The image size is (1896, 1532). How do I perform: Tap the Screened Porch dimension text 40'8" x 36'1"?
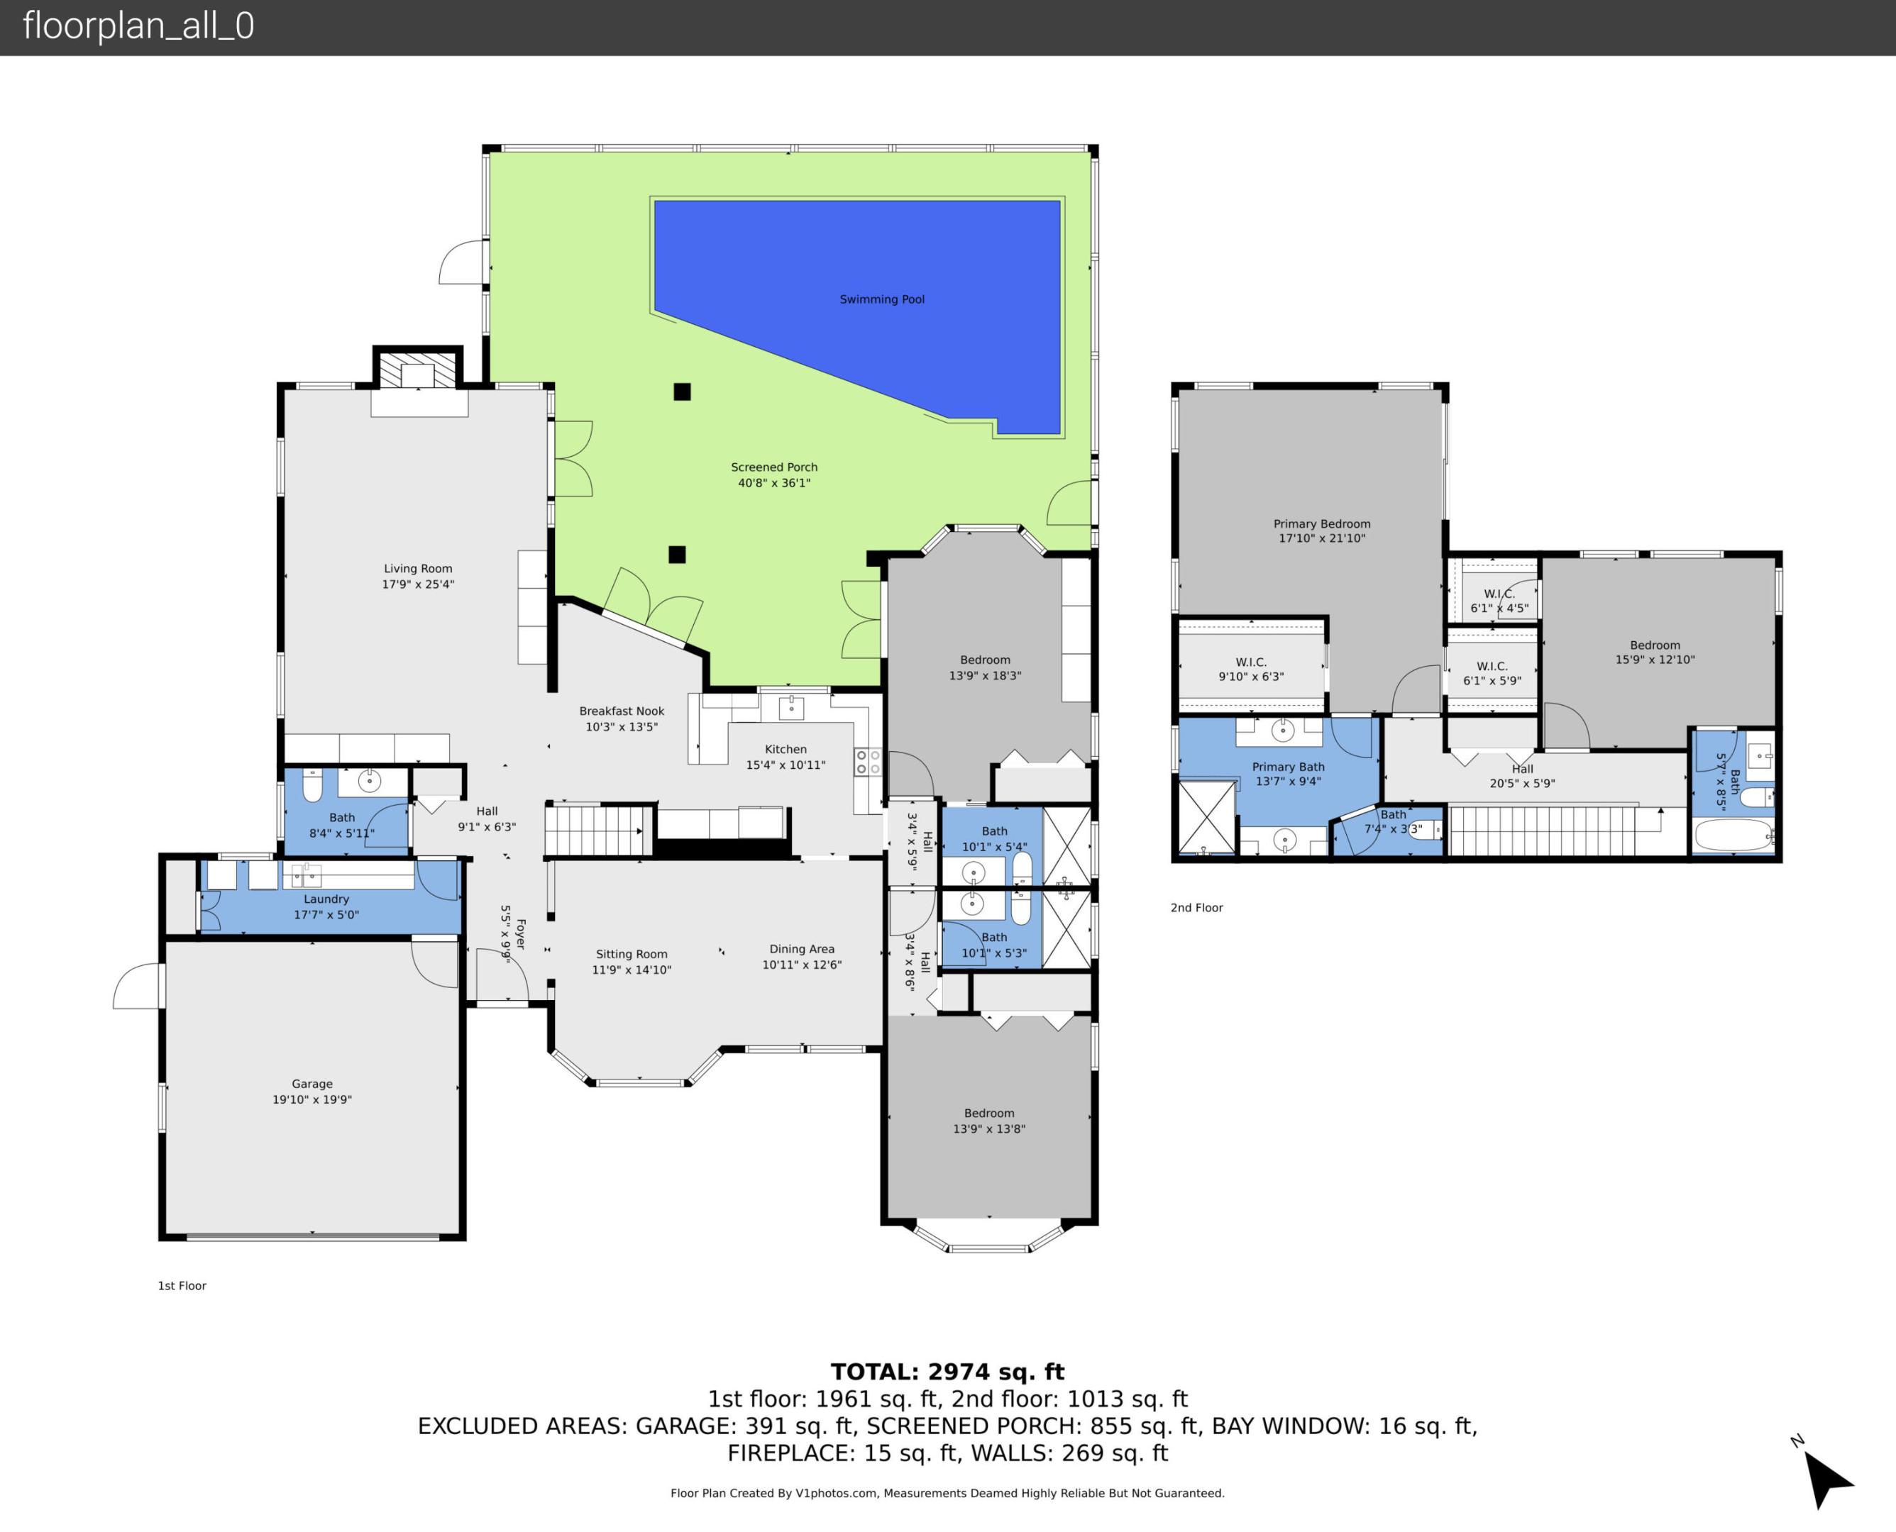pyautogui.click(x=774, y=483)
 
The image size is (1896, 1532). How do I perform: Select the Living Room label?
pyautogui.click(x=417, y=568)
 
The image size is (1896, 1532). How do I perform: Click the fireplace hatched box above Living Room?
pyautogui.click(x=417, y=370)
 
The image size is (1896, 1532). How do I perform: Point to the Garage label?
pyautogui.click(x=312, y=1084)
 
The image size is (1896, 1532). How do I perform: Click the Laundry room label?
pyautogui.click(x=326, y=899)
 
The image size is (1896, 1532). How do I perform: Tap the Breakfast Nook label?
pyautogui.click(x=622, y=711)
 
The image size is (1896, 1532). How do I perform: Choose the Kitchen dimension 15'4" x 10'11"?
pyautogui.click(x=786, y=765)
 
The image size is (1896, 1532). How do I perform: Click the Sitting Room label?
pyautogui.click(x=631, y=954)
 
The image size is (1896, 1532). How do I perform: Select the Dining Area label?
pyautogui.click(x=802, y=949)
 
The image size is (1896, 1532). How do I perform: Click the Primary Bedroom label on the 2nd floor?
pyautogui.click(x=1321, y=523)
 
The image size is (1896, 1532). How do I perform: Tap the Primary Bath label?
pyautogui.click(x=1288, y=767)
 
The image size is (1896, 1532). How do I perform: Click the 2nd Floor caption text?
pyautogui.click(x=1196, y=907)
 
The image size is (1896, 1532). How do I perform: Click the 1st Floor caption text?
pyautogui.click(x=182, y=1286)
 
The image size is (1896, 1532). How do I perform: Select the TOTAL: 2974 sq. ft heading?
pyautogui.click(x=947, y=1372)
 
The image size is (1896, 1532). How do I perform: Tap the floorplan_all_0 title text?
pyautogui.click(x=138, y=26)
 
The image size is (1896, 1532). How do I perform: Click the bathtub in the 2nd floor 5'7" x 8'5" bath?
pyautogui.click(x=1732, y=835)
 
